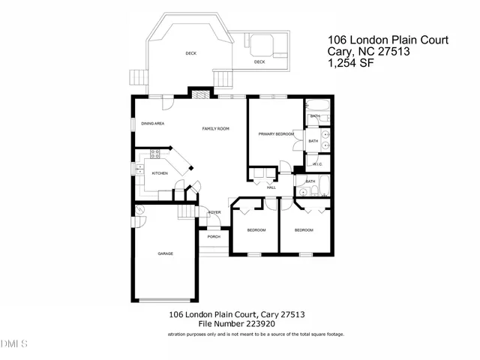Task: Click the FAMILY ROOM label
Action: tap(215, 129)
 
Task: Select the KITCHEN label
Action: tap(160, 173)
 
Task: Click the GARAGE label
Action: tap(165, 253)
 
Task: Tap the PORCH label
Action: tap(214, 236)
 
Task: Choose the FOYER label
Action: tap(214, 212)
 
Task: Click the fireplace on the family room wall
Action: tap(198, 94)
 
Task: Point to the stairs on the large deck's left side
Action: tap(137, 78)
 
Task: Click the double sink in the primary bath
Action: tap(325, 139)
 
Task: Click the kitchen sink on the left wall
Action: tap(139, 169)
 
